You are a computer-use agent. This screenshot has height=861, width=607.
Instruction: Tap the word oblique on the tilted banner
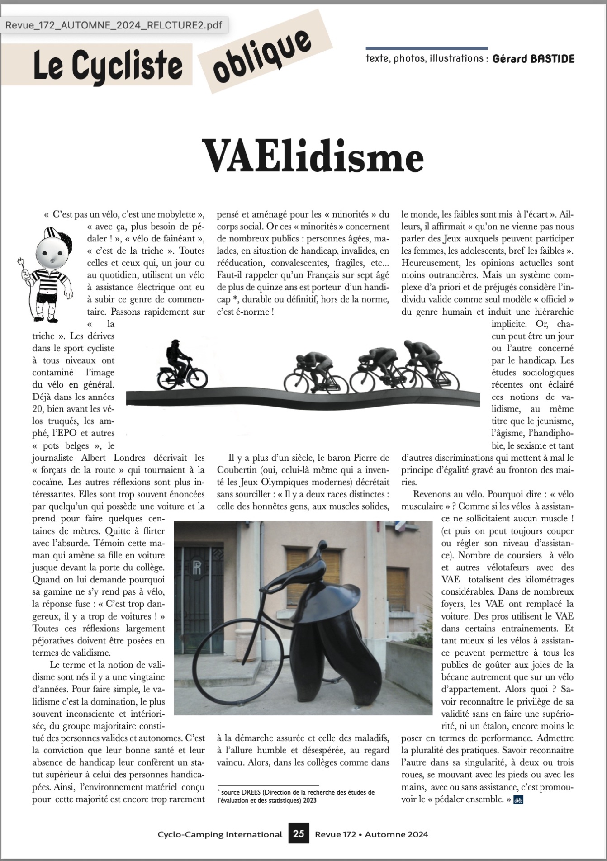pos(262,56)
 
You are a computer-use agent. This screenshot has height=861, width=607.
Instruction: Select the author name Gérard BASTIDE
pos(533,59)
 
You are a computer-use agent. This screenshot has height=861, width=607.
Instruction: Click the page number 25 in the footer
pos(299,833)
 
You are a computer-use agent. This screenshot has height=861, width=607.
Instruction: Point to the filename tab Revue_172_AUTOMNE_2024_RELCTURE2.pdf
pos(114,25)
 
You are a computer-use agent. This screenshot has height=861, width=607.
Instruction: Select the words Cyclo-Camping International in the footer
pos(220,834)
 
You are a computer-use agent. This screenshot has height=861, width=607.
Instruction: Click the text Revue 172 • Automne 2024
pos(371,834)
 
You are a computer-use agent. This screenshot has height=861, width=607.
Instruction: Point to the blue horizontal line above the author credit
pos(427,48)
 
